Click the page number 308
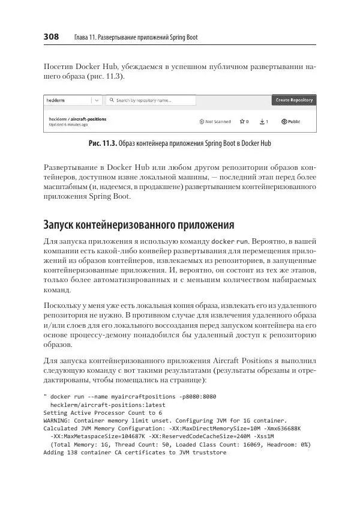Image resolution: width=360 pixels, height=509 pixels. (51, 37)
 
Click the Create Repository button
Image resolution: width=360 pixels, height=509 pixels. (293, 100)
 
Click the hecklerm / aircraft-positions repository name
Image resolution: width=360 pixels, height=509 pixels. (77, 119)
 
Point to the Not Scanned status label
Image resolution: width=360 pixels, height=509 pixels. (215, 122)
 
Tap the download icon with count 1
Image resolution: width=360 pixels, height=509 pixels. (263, 122)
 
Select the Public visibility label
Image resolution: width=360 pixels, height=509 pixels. (290, 122)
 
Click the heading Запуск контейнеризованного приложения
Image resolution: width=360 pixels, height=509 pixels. (139, 224)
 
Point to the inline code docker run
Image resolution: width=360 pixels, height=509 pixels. (230, 241)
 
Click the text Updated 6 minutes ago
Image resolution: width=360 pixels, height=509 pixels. (68, 125)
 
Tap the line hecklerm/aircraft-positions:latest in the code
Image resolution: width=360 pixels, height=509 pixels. (100, 405)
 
